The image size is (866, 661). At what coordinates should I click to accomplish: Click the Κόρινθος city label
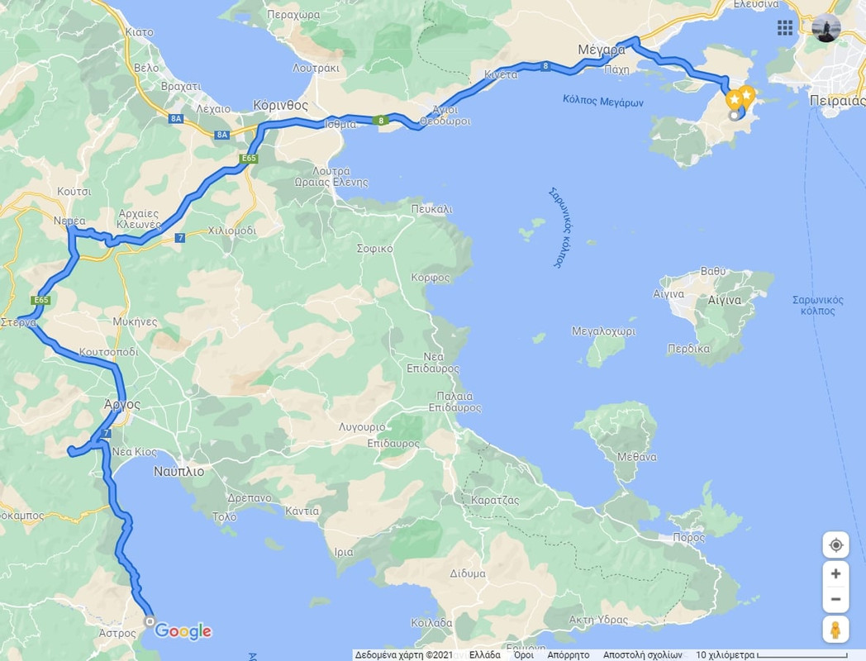tap(281, 106)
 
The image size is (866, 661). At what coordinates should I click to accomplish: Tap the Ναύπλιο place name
tap(178, 472)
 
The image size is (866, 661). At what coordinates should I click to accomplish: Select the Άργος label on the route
tap(122, 405)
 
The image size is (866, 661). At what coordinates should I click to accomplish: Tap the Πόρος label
tap(689, 537)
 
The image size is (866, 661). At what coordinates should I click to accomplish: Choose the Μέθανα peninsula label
tap(637, 457)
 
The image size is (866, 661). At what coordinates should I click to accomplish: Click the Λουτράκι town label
tap(316, 69)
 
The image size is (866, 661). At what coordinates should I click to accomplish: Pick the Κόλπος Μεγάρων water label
tap(603, 102)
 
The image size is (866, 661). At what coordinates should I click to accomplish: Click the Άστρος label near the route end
tap(117, 633)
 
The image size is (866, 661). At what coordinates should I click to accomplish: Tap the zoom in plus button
tap(835, 573)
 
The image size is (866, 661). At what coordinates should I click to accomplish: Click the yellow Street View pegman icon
tap(835, 630)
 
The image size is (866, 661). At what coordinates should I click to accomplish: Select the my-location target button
tap(835, 545)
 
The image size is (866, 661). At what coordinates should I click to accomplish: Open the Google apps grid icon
tap(785, 28)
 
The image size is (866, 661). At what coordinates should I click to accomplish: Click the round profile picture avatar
tap(826, 28)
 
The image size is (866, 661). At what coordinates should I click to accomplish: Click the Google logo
tap(183, 632)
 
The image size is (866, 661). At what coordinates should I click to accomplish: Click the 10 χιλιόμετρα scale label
tap(725, 654)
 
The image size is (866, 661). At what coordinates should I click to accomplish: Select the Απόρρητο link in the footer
tap(569, 654)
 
